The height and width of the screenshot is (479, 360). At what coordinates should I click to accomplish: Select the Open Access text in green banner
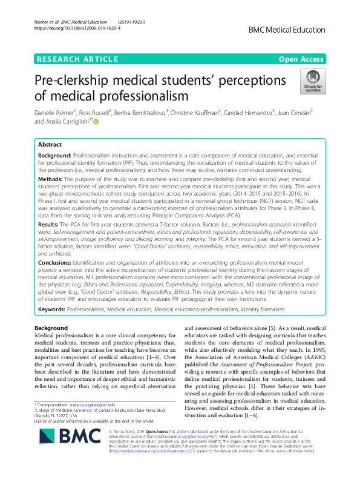(x=301, y=59)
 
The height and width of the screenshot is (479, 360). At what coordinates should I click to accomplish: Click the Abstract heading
(x=50, y=145)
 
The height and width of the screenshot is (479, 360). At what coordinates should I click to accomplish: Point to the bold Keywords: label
(x=52, y=309)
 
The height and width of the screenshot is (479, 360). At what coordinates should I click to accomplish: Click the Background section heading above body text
(x=52, y=327)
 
